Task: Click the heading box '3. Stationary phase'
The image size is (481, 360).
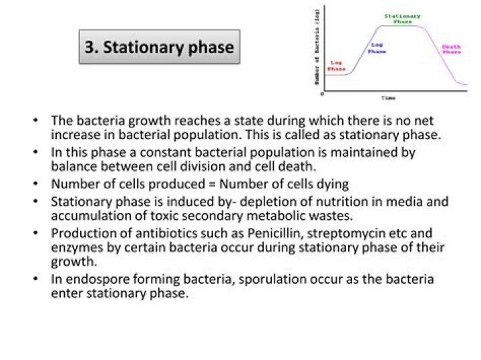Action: [159, 47]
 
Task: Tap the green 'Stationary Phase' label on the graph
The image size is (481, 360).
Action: [402, 18]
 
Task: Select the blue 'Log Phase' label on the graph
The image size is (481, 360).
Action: [377, 47]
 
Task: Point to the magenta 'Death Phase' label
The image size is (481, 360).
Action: [452, 49]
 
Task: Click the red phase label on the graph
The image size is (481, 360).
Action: [336, 65]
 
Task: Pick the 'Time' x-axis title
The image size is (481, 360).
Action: [388, 98]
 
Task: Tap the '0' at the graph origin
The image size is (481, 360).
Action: [323, 94]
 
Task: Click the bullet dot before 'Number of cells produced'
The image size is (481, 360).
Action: [35, 184]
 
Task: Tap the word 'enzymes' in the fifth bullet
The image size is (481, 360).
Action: [75, 248]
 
